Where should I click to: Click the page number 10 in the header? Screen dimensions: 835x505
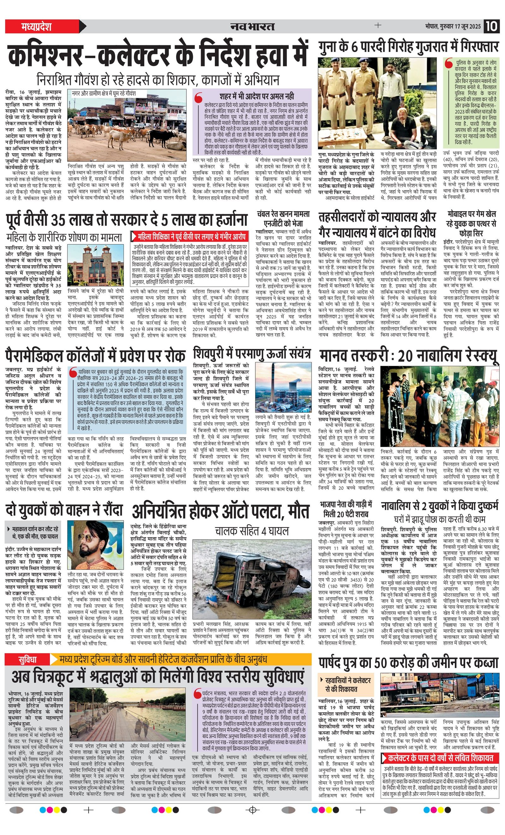[x=491, y=26]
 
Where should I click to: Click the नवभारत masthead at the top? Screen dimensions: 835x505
[x=252, y=27]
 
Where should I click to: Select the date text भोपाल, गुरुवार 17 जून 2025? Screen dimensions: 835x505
[x=453, y=27]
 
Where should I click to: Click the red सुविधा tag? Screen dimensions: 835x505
[x=27, y=659]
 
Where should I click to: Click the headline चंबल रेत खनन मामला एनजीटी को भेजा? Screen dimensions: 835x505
[x=283, y=219]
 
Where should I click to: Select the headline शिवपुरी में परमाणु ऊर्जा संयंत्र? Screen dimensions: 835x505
[x=252, y=354]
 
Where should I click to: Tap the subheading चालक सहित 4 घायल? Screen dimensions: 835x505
[x=252, y=531]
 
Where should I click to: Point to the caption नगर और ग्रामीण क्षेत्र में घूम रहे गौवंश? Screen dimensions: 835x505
[x=104, y=93]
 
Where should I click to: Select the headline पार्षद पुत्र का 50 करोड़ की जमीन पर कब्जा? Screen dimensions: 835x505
[x=408, y=662]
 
